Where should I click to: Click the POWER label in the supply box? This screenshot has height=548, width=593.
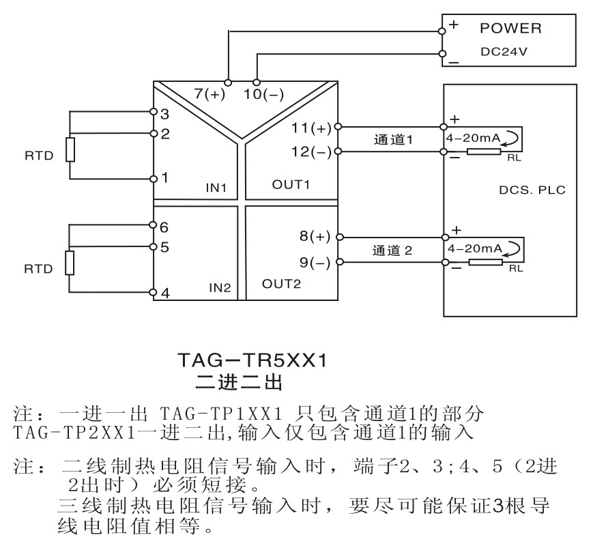click(510, 29)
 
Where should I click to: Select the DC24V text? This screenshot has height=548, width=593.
click(504, 51)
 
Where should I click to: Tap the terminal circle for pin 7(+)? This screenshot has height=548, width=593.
click(228, 83)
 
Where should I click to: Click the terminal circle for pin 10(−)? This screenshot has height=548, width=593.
click(257, 83)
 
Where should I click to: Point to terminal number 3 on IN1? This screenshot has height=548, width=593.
click(164, 114)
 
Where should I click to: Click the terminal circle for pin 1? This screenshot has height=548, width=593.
click(154, 179)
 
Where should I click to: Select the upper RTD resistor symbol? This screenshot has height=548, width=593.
click(70, 149)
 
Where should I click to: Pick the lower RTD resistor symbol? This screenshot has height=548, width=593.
click(69, 263)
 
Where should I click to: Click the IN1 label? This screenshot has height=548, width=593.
click(216, 188)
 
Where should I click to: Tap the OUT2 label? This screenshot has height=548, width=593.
click(281, 284)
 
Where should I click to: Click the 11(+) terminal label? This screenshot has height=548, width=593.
click(311, 128)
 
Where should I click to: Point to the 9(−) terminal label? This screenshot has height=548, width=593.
click(315, 262)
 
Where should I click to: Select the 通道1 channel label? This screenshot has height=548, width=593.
click(393, 139)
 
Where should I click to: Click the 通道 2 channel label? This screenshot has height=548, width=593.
click(392, 250)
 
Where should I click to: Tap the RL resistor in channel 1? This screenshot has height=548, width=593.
click(484, 152)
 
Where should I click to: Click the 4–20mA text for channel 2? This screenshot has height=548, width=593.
click(475, 248)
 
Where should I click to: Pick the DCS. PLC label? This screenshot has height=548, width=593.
click(532, 190)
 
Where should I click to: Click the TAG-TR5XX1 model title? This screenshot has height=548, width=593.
click(252, 360)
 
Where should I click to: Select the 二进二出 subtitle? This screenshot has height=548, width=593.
click(239, 382)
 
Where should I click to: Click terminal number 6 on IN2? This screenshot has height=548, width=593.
click(164, 227)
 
